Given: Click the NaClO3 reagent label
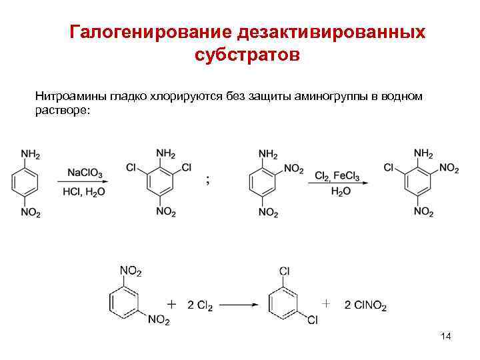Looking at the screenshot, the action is click(85, 174).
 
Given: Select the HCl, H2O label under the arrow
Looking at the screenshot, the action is click(85, 192).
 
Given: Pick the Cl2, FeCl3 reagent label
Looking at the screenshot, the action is click(337, 176).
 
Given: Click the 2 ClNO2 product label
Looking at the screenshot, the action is click(365, 305).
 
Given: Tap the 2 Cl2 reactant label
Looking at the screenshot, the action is click(200, 305).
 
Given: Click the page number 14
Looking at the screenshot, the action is click(446, 337).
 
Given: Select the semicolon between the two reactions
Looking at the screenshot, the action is click(209, 179).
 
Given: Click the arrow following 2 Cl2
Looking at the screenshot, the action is click(239, 305).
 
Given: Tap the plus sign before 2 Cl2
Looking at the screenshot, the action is click(171, 305).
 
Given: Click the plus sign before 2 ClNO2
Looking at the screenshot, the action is click(325, 303).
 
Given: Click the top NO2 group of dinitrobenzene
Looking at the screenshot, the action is click(130, 270).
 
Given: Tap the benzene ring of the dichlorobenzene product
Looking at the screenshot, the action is click(285, 303).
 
